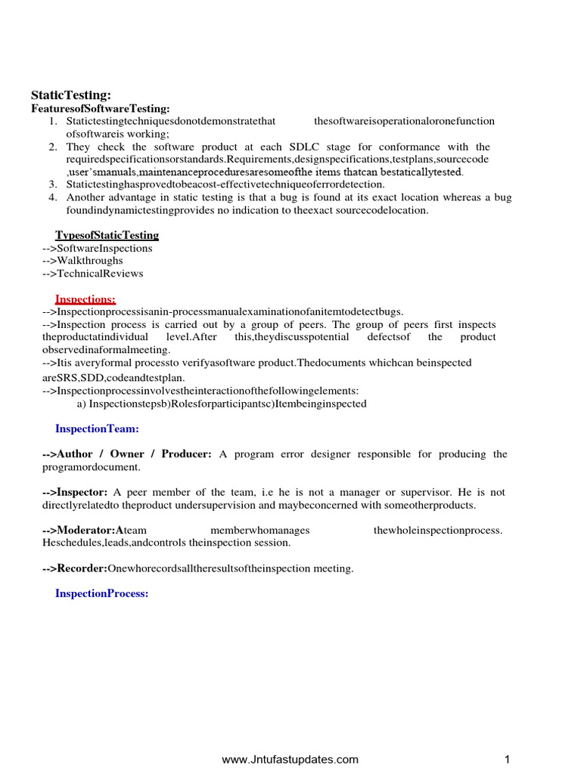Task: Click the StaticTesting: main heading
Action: [70, 95]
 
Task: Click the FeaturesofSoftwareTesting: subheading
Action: [100, 110]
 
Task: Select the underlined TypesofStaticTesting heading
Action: [107, 235]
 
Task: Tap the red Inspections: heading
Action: [85, 299]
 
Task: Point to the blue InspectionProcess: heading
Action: [101, 593]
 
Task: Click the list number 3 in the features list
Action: [53, 184]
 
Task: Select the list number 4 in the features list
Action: [53, 197]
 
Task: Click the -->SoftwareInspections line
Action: [97, 248]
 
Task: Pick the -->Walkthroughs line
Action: [82, 261]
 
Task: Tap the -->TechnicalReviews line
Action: [92, 274]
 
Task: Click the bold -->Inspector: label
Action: [75, 492]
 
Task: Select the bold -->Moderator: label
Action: [80, 530]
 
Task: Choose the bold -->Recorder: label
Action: [75, 568]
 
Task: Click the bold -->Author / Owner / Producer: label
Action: [128, 454]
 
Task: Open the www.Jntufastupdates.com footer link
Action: [290, 760]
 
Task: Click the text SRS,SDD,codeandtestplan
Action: [113, 377]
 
